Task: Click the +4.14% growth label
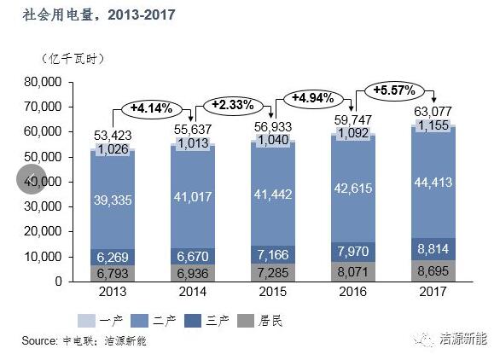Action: (x=151, y=108)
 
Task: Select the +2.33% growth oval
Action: (x=231, y=104)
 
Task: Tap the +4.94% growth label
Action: (x=311, y=98)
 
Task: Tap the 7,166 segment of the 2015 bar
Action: (x=274, y=256)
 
